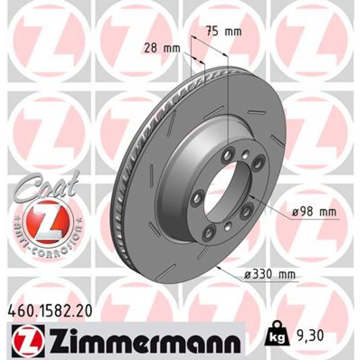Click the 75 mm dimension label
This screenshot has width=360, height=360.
pos(224,32)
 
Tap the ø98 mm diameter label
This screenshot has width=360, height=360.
pos(314,212)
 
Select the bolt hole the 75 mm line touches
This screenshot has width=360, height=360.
pos(229,153)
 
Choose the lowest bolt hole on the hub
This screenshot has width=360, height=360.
pos(210,231)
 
